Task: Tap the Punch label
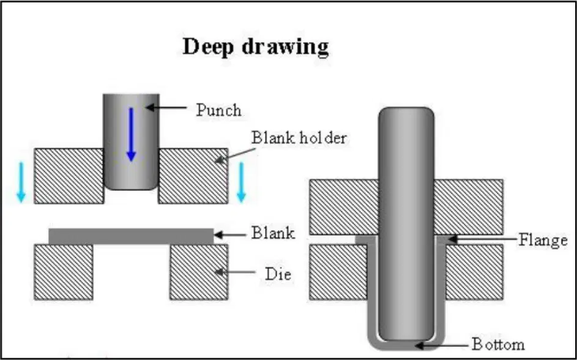click(x=218, y=110)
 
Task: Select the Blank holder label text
click(x=299, y=138)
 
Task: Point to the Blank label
click(x=273, y=233)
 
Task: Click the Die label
click(x=278, y=274)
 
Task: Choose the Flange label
click(x=543, y=241)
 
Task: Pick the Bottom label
click(x=498, y=345)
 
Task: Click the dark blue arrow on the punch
click(x=131, y=134)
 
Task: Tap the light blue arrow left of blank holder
click(x=21, y=182)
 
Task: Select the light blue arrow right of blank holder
click(x=241, y=182)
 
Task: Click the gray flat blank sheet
click(x=131, y=236)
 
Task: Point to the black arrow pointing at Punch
click(x=166, y=108)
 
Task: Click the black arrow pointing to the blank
click(x=230, y=235)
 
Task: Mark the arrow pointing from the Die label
click(x=235, y=272)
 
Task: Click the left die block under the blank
click(x=63, y=272)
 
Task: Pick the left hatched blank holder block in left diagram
click(x=69, y=176)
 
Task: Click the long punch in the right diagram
click(x=406, y=224)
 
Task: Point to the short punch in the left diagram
click(x=131, y=141)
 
